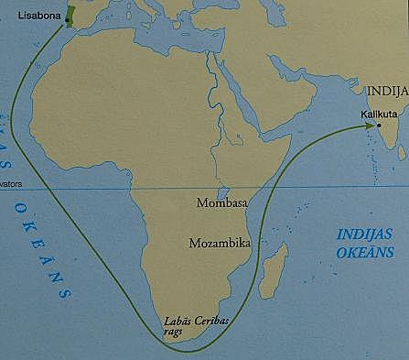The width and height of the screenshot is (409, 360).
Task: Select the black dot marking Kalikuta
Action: pyautogui.click(x=377, y=125)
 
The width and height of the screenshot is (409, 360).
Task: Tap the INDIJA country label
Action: pyautogui.click(x=387, y=93)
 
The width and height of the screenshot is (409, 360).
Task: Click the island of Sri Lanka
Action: pyautogui.click(x=394, y=170)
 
